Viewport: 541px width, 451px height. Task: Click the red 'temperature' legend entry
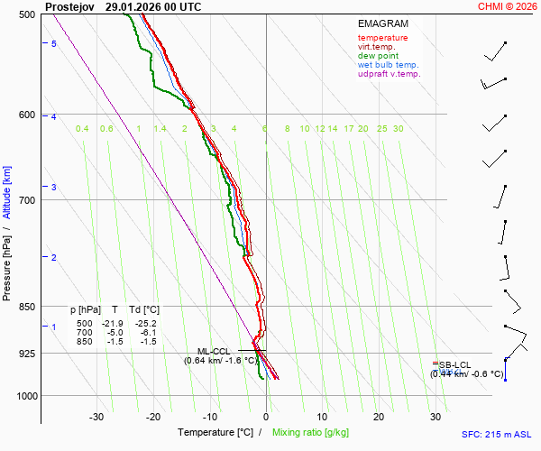click(382, 38)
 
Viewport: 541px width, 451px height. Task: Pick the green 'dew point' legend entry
click(378, 56)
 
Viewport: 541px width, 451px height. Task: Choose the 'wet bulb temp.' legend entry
click(388, 65)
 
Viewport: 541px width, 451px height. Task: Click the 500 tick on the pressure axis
click(26, 14)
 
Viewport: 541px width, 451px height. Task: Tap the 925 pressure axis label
click(26, 354)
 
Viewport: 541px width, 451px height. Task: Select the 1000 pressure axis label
click(24, 396)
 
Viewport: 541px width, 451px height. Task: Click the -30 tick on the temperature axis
click(96, 417)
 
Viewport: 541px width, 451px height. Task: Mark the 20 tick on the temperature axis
click(379, 417)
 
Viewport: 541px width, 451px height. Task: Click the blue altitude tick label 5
click(54, 44)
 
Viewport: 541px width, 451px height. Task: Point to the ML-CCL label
click(214, 351)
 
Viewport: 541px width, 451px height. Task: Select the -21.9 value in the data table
click(113, 323)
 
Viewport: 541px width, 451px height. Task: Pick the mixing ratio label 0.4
click(82, 129)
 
